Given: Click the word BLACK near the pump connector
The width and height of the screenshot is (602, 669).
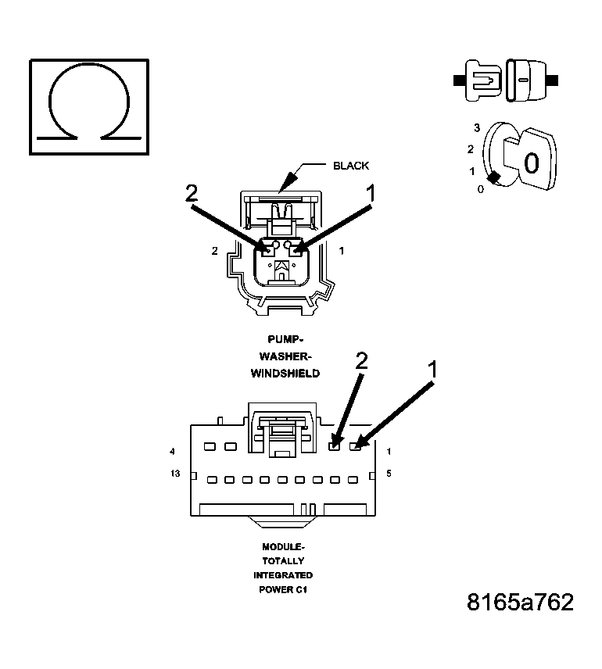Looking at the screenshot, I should (350, 166).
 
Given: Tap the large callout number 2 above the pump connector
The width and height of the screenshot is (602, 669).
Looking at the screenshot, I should (191, 193).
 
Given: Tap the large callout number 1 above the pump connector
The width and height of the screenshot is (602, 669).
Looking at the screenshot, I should (371, 192).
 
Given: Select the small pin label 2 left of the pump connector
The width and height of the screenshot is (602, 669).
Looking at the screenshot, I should (214, 252).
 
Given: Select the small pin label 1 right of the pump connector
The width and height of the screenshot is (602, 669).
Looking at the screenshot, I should (342, 252).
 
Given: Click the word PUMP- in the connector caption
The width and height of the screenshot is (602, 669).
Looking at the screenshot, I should (285, 339).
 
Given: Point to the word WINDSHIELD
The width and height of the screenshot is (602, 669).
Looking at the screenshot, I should (285, 374).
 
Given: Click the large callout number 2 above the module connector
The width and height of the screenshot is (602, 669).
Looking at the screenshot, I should (361, 360).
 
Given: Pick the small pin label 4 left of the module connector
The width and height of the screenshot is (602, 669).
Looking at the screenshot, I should (171, 451).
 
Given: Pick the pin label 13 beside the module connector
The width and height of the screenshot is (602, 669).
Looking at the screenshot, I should (175, 474).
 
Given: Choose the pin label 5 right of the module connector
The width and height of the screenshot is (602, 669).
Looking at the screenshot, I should (389, 474).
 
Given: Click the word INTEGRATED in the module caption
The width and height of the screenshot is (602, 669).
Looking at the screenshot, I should (283, 575).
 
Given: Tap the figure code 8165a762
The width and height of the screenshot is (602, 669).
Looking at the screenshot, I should (520, 603).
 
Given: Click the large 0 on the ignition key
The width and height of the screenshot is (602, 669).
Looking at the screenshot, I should (531, 163).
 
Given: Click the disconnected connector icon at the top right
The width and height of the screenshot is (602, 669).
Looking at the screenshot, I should (505, 80).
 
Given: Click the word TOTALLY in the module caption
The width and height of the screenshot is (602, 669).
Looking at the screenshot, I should (283, 561).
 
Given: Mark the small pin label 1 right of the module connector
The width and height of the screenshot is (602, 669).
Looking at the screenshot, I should (389, 451).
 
